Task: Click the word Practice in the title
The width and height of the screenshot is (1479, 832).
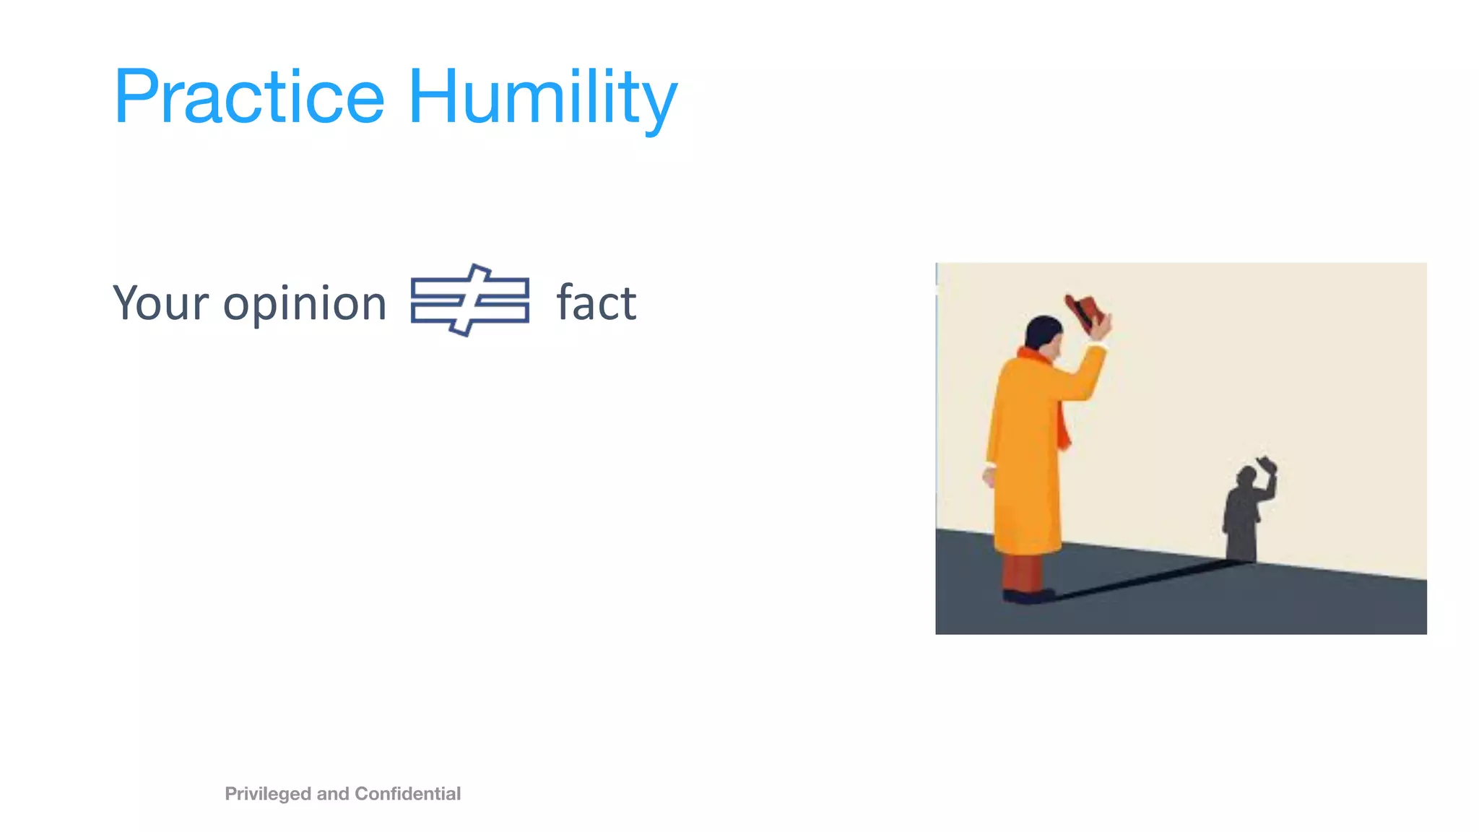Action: click(x=249, y=97)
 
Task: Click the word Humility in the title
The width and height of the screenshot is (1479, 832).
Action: click(x=542, y=97)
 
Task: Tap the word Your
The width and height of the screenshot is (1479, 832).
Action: click(x=160, y=303)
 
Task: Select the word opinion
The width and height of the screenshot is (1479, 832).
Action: click(x=305, y=304)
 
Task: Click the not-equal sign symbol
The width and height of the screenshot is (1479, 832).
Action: click(x=470, y=300)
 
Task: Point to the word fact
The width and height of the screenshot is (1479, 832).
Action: click(x=597, y=303)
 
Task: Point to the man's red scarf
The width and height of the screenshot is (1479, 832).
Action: click(x=1063, y=426)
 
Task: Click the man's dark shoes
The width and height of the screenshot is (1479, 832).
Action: click(x=1027, y=596)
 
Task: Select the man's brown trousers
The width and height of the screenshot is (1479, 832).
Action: click(x=1022, y=571)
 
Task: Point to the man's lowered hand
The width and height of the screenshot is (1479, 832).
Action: click(x=989, y=477)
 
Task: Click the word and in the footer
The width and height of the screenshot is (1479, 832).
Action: click(x=333, y=794)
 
